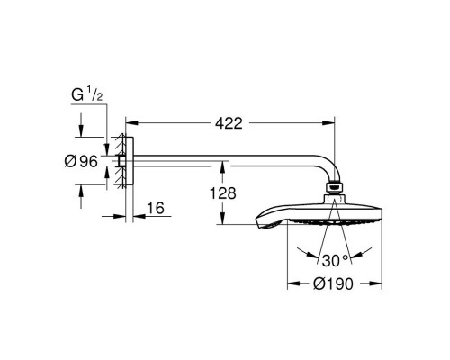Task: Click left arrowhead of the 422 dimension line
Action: click(x=128, y=120)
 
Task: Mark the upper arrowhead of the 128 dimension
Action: click(x=220, y=166)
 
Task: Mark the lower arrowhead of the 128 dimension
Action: click(x=220, y=220)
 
